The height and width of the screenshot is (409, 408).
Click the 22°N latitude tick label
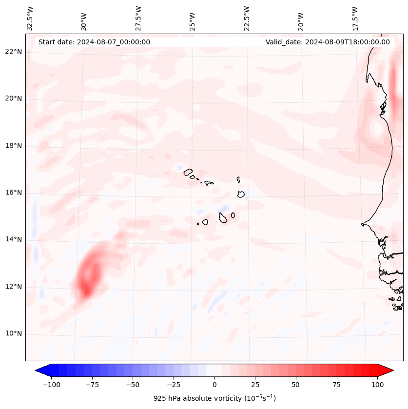coord(14,52)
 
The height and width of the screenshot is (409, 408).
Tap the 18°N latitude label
coord(14,146)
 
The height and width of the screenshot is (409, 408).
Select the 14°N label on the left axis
coord(14,239)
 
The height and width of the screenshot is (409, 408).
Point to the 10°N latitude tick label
coord(14,334)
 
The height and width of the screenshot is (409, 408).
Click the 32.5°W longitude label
coord(30,18)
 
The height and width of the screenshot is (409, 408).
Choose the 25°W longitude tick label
coord(193,18)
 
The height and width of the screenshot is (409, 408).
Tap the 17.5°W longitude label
coord(355,18)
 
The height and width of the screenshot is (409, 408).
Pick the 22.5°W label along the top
coord(247,18)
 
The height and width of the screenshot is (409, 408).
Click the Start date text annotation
coord(94,42)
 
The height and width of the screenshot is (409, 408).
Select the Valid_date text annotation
coord(328,42)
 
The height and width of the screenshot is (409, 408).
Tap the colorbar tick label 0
coord(214,385)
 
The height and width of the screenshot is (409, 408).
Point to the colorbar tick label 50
coord(296,385)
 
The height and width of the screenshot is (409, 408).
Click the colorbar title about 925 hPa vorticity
coord(214,398)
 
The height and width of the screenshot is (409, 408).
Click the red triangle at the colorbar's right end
coord(386,370)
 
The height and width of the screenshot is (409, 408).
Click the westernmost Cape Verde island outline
coord(188,172)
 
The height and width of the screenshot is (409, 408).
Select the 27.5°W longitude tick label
coord(138,18)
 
